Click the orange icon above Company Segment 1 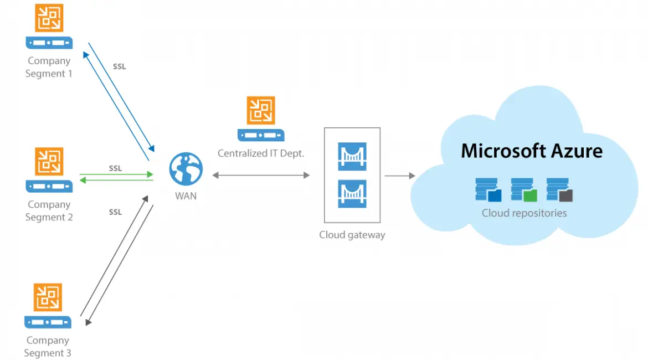tap(49, 18)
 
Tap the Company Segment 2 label tap(49, 211)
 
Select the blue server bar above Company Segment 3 tap(48, 322)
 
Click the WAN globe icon tap(186, 169)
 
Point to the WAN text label tap(186, 196)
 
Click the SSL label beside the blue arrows tap(119, 66)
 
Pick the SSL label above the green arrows tap(115, 168)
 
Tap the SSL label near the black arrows tap(115, 212)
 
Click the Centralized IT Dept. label tap(261, 153)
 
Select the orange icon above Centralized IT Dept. tap(261, 110)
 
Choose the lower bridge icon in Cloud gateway tap(352, 194)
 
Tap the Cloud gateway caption tap(352, 235)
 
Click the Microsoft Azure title tap(532, 151)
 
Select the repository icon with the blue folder tap(488, 189)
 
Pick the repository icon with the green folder tap(524, 189)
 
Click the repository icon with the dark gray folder tap(559, 189)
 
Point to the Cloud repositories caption tap(524, 213)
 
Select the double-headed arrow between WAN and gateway tap(261, 176)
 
